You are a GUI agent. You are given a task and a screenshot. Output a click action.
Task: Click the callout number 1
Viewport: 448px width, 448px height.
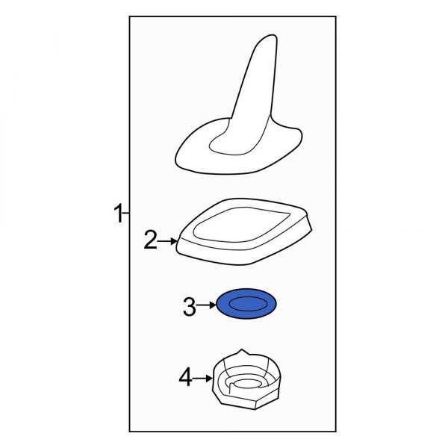tap(118, 213)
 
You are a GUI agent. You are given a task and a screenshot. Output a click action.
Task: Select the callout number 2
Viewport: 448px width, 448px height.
tap(151, 240)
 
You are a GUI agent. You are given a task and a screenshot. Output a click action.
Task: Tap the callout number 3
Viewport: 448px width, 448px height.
tap(190, 306)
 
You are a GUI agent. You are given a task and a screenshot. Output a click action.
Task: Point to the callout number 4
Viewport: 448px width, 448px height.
tap(185, 377)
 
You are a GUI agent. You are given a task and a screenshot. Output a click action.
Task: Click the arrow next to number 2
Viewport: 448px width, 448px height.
tap(168, 241)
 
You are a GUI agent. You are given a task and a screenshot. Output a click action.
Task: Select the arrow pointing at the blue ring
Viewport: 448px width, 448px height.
tap(207, 305)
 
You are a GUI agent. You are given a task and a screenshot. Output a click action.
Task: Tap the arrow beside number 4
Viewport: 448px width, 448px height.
tap(202, 379)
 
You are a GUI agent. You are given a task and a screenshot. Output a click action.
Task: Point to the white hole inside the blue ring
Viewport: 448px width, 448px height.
tap(246, 303)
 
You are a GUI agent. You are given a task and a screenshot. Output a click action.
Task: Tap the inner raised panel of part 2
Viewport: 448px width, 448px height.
tap(241, 224)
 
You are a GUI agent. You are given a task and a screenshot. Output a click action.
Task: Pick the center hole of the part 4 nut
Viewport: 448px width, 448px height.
tap(246, 384)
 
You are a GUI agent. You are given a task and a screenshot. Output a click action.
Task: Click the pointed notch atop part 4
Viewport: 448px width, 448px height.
tap(242, 350)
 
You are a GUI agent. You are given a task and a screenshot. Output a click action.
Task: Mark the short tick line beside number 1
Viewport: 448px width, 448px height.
tap(126, 213)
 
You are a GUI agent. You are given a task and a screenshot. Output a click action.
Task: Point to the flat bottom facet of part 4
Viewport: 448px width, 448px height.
tap(239, 404)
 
